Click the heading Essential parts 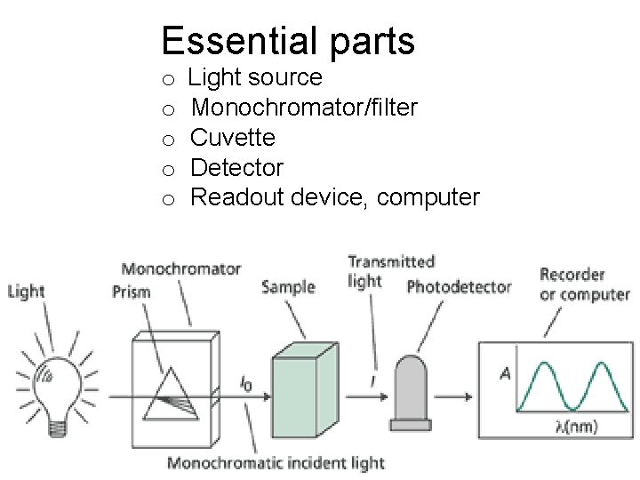288,40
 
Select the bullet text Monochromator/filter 304,108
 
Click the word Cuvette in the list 233,138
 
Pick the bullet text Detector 237,167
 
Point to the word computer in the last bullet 428,197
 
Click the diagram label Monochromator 181,268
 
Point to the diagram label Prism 132,292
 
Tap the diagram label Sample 289,287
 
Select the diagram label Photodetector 459,287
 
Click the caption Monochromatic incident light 276,462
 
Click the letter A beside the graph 505,374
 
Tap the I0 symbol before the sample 245,382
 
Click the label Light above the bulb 26,292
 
